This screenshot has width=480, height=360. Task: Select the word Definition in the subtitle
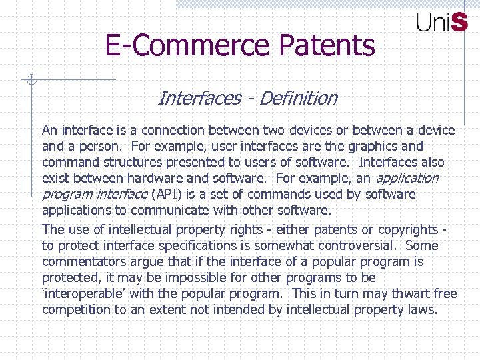click(x=298, y=99)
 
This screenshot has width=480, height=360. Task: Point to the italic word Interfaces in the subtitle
click(x=199, y=99)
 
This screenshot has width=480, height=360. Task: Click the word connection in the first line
click(x=176, y=130)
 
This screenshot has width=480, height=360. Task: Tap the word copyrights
click(x=403, y=229)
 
